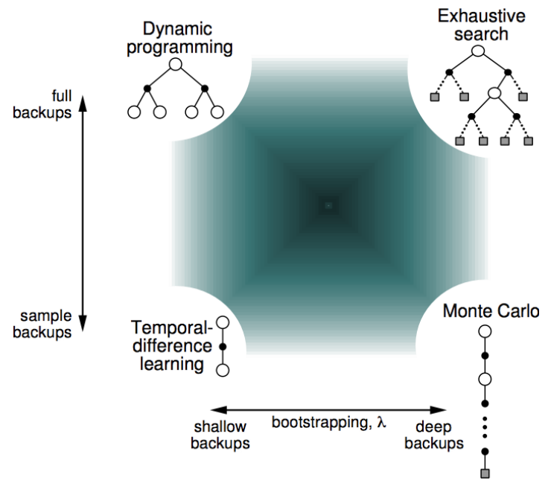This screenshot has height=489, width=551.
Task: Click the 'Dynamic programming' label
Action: pyautogui.click(x=176, y=39)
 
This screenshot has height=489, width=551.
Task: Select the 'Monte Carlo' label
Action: pyautogui.click(x=489, y=311)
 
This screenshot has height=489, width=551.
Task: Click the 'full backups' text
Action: pyautogui.click(x=51, y=104)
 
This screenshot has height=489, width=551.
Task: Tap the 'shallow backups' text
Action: pyautogui.click(x=220, y=435)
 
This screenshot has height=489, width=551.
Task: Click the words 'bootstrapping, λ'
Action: pyautogui.click(x=328, y=422)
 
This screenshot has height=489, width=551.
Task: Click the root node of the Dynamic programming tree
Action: pyautogui.click(x=176, y=65)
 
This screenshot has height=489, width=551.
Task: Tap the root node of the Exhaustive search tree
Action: pyautogui.click(x=479, y=51)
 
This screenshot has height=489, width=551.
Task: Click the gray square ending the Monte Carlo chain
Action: pyautogui.click(x=485, y=473)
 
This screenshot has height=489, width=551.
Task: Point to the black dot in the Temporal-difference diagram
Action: pyautogui.click(x=221, y=347)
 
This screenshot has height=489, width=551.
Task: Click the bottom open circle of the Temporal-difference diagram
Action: pyautogui.click(x=221, y=369)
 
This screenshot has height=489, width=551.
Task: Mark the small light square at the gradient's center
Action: pyautogui.click(x=328, y=205)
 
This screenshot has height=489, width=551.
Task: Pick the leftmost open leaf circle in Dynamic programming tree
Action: pyautogui.click(x=135, y=112)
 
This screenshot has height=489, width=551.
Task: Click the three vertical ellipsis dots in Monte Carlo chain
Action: pyautogui.click(x=485, y=428)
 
